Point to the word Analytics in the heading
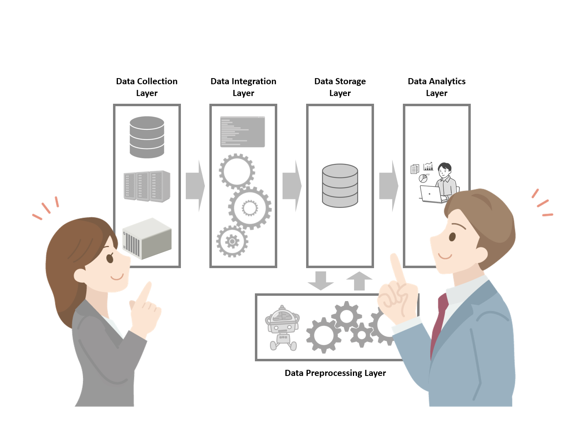tap(448, 81)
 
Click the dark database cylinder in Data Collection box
tap(147, 137)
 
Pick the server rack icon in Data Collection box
tap(147, 186)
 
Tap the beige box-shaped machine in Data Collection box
tap(147, 238)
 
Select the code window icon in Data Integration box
tap(243, 132)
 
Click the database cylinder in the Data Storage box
tap(340, 186)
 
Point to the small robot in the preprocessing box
tap(282, 328)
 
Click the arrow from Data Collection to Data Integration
tap(195, 186)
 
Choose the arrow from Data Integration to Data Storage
tap(292, 186)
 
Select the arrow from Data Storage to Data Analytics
tap(389, 186)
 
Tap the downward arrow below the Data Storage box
tap(321, 281)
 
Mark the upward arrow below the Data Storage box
tap(359, 280)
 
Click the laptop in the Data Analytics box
tap(431, 194)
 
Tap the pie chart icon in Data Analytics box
tap(423, 178)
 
